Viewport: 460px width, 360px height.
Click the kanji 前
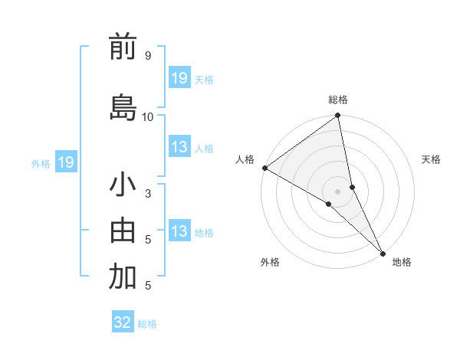(123, 47)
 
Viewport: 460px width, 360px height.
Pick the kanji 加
(123, 277)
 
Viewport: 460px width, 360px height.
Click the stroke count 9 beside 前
(147, 56)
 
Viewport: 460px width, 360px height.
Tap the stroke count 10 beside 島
(148, 116)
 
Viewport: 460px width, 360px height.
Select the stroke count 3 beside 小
(147, 194)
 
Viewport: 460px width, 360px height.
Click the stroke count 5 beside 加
(147, 286)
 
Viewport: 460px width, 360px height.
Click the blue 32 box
(123, 322)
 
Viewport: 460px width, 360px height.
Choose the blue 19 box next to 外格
(65, 162)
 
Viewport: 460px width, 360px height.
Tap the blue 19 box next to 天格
(179, 78)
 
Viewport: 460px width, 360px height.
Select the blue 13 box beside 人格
(179, 147)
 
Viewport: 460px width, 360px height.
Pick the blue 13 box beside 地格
(179, 231)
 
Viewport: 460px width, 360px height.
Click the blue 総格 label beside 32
(147, 324)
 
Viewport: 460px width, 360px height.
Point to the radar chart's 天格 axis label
(431, 159)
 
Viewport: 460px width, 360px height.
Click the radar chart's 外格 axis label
(270, 263)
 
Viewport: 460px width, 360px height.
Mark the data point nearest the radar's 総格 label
(338, 116)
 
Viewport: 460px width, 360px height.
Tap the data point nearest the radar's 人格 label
(264, 168)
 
